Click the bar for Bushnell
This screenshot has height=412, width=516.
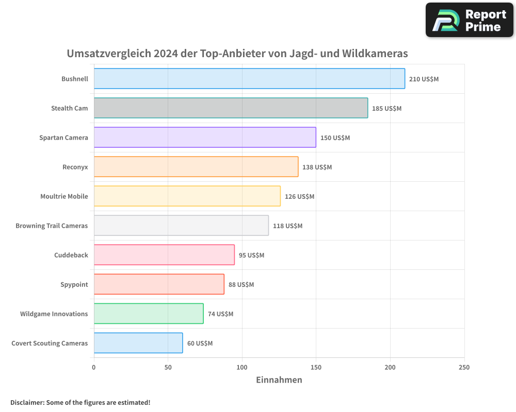249,79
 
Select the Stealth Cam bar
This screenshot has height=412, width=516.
231,108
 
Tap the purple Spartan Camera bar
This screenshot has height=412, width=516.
205,138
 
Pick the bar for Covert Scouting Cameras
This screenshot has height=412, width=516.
138,343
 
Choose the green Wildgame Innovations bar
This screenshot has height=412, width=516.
149,314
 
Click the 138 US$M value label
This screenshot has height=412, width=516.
317,167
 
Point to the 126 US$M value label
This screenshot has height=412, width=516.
299,197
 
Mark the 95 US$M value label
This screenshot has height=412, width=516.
251,255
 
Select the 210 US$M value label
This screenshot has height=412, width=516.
424,79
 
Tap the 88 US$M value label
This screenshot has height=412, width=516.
241,285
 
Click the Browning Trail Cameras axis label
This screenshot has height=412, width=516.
52,226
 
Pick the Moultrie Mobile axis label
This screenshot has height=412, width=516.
64,197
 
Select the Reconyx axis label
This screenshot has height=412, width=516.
75,167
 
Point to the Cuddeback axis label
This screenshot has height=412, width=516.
71,255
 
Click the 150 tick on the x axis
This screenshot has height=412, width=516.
316,368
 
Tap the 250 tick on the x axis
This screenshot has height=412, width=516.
464,368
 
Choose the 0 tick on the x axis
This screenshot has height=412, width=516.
94,368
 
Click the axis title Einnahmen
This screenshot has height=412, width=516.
279,380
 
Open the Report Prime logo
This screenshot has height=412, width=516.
469,20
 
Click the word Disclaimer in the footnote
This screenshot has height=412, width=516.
27,403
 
